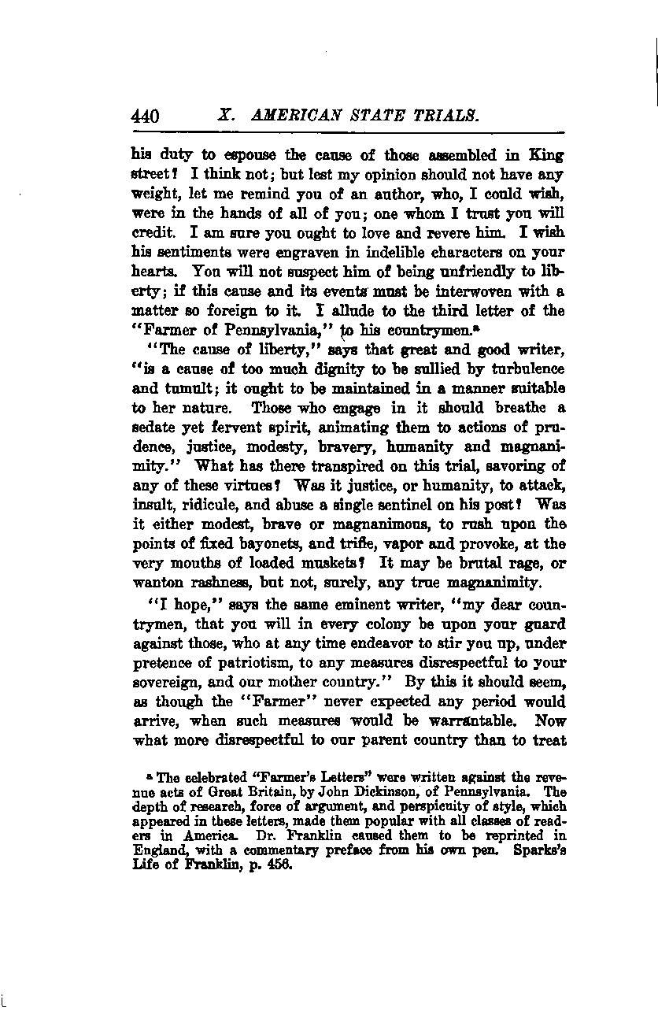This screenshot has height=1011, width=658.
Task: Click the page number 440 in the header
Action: [x=146, y=117]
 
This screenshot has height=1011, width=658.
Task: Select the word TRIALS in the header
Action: [x=443, y=116]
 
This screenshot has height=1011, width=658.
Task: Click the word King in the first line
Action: [x=547, y=155]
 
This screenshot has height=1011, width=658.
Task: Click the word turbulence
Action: [x=523, y=368]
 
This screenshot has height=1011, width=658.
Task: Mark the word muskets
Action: [x=334, y=564]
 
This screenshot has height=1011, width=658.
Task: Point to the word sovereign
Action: [x=158, y=681]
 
